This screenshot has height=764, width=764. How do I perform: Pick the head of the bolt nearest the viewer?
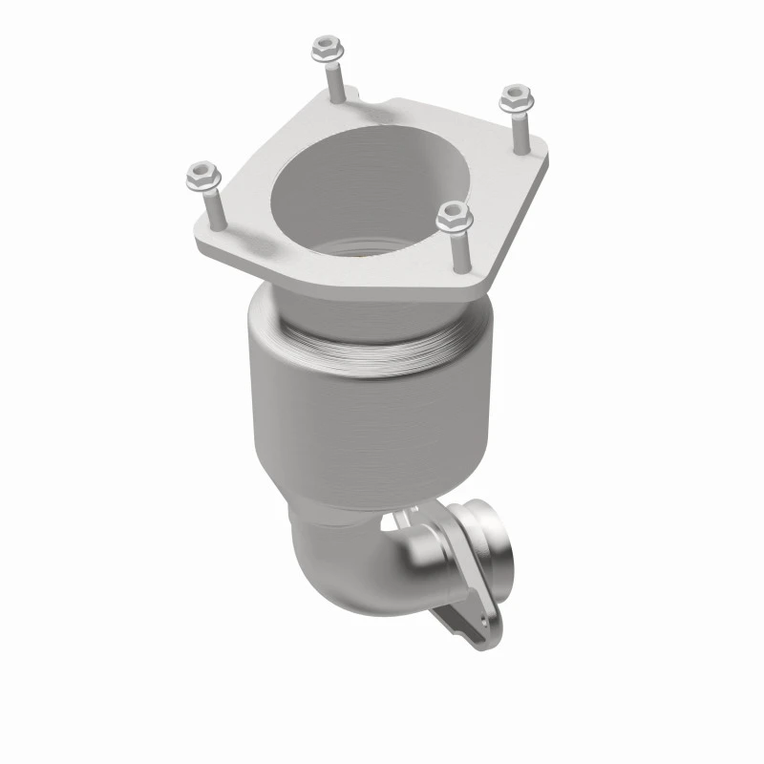pyautogui.click(x=454, y=217)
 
